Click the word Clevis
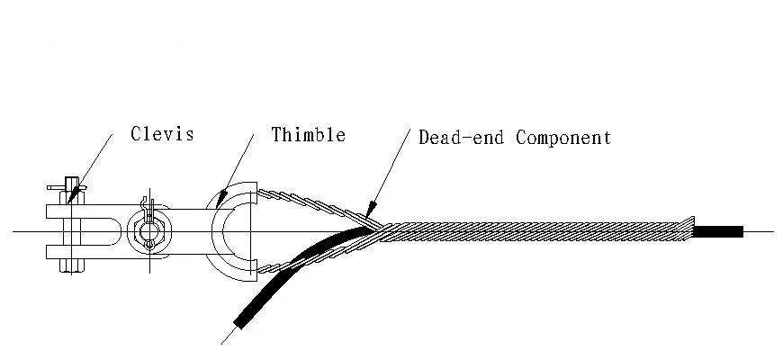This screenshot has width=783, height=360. tap(162, 134)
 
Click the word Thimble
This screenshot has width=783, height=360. tap(309, 135)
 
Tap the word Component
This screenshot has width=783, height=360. tap(563, 138)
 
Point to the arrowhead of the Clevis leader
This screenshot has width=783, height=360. tap(74, 190)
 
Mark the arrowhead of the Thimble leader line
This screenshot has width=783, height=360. tap(219, 204)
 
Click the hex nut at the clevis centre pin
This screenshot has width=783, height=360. tap(146, 232)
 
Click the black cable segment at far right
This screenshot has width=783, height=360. tap(717, 232)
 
